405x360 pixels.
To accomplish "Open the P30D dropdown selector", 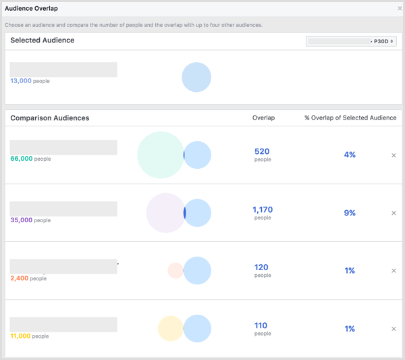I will (x=351, y=41).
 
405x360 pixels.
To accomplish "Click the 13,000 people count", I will (x=21, y=81).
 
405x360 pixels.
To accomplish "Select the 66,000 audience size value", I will (x=21, y=159).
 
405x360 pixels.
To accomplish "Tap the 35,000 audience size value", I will (x=21, y=220).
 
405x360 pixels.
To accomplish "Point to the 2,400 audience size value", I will (x=19, y=278).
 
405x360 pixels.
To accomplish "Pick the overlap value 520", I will (x=262, y=152).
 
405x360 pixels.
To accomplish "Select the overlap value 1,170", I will (x=263, y=210).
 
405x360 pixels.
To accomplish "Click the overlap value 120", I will (x=262, y=267).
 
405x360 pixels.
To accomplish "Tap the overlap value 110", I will (x=261, y=326).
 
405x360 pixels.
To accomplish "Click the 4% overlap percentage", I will (x=350, y=155).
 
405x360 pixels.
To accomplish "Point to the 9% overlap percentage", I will (x=350, y=213).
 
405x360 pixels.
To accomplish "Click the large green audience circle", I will (x=159, y=155).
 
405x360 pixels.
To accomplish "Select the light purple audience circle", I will (x=165, y=213).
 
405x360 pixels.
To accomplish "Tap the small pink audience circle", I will (x=175, y=271).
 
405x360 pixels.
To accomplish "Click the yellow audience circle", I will (x=170, y=329).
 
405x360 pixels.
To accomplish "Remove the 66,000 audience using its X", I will (x=394, y=155).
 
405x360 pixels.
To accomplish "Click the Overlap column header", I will (x=263, y=118).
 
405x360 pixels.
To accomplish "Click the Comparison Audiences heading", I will (x=50, y=118).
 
